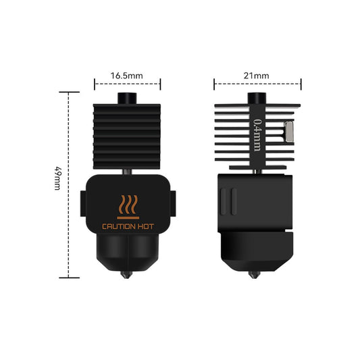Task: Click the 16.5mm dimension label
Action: [127, 76]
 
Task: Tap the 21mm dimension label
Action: [256, 76]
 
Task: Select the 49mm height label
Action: [57, 179]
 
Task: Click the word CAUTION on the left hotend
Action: [118, 227]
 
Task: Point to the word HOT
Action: [146, 227]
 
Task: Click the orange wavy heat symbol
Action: [128, 205]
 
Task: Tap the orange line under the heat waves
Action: [128, 217]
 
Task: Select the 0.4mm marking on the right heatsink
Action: [257, 135]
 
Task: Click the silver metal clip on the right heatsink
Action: [289, 131]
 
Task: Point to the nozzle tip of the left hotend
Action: [126, 275]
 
